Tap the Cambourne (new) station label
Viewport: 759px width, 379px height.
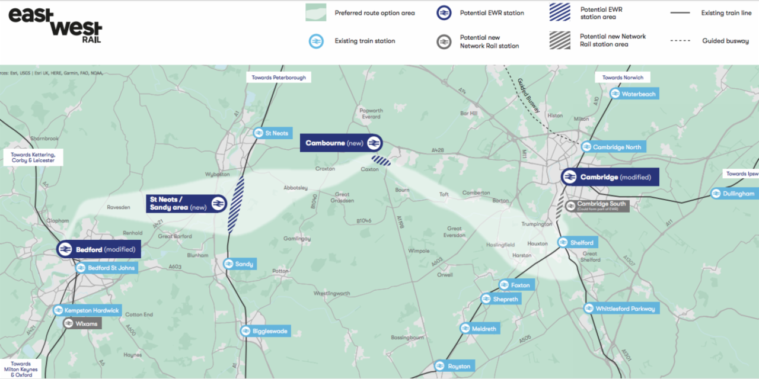[x=341, y=143]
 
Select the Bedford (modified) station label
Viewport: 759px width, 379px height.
[x=99, y=249]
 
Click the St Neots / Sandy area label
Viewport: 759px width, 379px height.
[x=186, y=203]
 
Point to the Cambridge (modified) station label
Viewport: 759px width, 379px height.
[x=609, y=177]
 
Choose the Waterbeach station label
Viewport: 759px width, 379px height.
[x=633, y=94]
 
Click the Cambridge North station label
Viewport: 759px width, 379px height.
[x=611, y=147]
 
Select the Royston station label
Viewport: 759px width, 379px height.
[x=454, y=366]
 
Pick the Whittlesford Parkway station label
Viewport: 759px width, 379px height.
[x=620, y=309]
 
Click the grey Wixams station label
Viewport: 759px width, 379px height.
[x=81, y=323]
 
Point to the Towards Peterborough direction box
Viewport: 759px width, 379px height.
[x=279, y=78]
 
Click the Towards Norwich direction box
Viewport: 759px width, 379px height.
[x=623, y=78]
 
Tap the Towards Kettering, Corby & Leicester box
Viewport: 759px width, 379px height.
[x=33, y=158]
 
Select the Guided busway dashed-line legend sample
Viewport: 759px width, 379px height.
[x=680, y=41]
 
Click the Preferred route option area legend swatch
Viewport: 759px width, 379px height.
[x=315, y=12]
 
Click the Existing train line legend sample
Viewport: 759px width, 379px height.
[x=680, y=12]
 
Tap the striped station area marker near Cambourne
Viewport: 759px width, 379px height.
[x=381, y=160]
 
